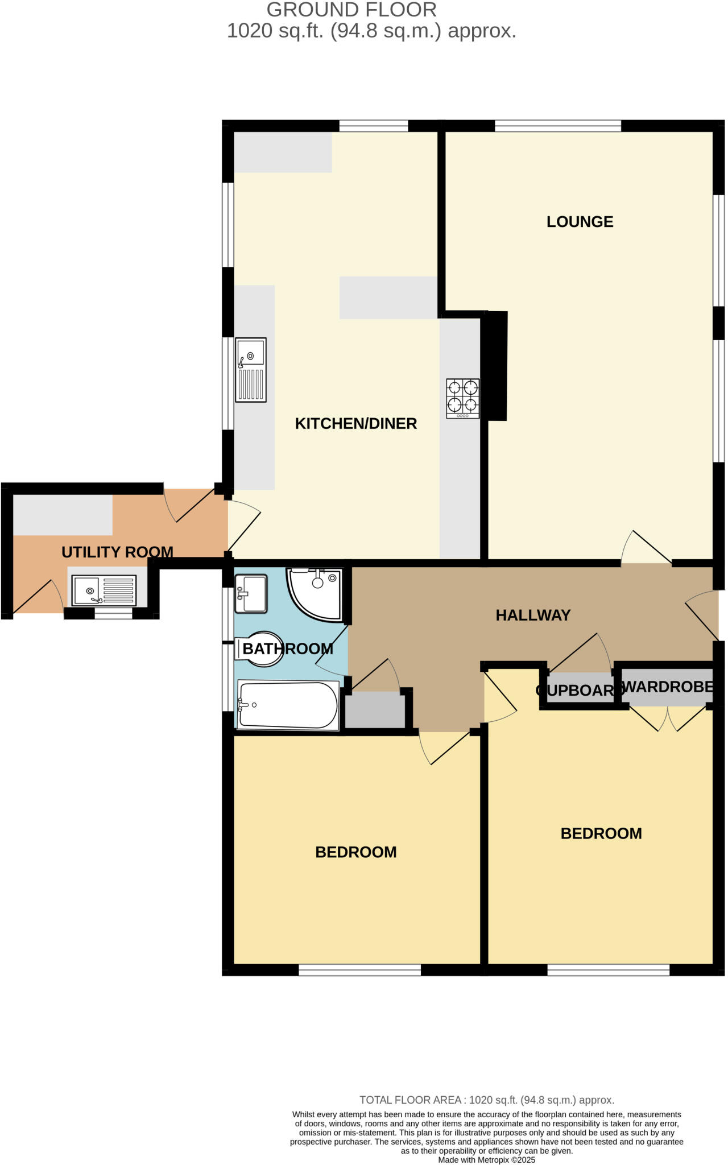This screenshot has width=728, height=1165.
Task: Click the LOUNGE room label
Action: (580, 222)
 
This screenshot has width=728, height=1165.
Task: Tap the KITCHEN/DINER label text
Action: (355, 423)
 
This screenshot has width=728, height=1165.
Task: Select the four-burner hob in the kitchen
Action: (462, 398)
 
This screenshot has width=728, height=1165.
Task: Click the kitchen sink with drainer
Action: (251, 370)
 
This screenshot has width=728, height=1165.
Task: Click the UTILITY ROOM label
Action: (117, 552)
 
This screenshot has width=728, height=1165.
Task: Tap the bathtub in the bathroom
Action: (288, 705)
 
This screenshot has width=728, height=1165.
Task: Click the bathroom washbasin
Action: (251, 594)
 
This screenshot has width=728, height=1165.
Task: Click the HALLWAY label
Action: (533, 615)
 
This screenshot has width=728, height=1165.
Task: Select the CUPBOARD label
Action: (576, 690)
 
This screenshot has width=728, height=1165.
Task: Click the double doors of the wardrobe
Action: (668, 720)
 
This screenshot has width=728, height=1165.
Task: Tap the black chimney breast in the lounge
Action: (495, 366)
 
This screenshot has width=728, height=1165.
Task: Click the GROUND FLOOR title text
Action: (351, 10)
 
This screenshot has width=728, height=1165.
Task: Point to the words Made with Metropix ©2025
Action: (486, 1160)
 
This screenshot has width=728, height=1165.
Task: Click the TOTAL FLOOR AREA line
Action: (486, 1100)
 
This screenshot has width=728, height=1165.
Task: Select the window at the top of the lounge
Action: (557, 126)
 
